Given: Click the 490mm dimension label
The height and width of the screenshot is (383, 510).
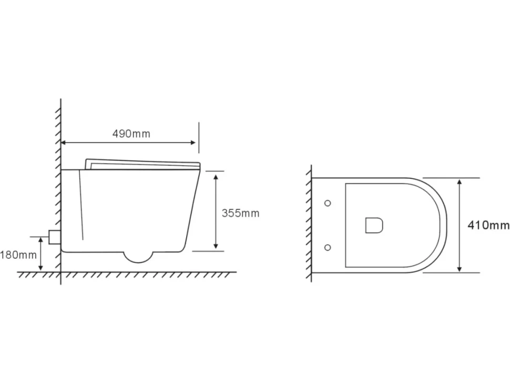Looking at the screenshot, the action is tap(131, 134).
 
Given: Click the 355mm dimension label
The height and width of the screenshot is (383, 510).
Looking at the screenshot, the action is tap(241, 213).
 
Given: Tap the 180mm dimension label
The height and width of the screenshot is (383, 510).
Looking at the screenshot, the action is tap(18, 255).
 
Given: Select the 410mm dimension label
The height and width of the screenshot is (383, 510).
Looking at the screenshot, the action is tap(488, 225).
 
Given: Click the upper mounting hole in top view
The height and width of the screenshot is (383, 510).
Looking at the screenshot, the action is tap(328, 203).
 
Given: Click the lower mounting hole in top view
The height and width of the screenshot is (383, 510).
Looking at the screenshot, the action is tap(328, 247).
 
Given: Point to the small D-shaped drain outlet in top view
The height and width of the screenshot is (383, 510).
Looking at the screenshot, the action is tap(374, 225).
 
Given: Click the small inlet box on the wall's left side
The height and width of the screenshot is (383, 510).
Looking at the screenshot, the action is tap(54, 237).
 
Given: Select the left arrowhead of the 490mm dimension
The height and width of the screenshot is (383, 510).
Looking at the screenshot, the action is tap(64, 143).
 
